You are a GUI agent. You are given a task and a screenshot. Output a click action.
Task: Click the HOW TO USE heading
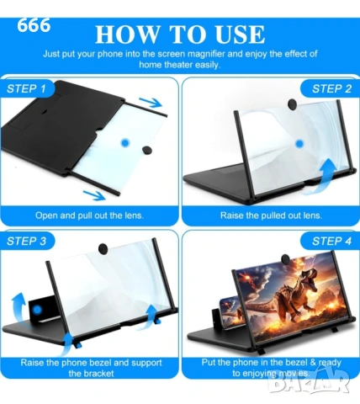pyautogui.click(x=180, y=35)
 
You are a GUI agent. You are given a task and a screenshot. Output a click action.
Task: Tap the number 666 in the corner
pyautogui.click(x=34, y=25)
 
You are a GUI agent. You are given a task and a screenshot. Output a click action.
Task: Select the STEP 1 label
pyautogui.click(x=26, y=88)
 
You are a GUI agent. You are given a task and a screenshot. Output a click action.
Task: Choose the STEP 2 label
pyautogui.click(x=331, y=88)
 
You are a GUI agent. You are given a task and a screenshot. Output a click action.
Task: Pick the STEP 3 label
pyautogui.click(x=26, y=241)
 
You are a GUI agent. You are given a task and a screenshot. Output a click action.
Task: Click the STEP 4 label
pyautogui.click(x=331, y=241)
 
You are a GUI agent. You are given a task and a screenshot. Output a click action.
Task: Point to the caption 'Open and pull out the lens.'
pyautogui.click(x=89, y=215)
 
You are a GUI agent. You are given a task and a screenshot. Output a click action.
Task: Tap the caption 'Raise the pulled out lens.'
pyautogui.click(x=271, y=215)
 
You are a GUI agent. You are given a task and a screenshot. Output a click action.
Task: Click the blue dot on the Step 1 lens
pyautogui.click(x=125, y=143)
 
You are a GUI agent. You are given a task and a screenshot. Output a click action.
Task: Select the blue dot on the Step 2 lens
pyautogui.click(x=299, y=144)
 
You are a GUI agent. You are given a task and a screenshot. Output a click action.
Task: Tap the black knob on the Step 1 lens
pyautogui.click(x=146, y=150)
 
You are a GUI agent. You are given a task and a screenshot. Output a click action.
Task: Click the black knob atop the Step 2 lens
pyautogui.click(x=292, y=104)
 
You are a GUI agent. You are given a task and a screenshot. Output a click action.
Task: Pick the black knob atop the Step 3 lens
pyautogui.click(x=103, y=248)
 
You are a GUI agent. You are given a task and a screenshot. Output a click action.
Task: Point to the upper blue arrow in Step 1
pyautogui.click(x=151, y=103)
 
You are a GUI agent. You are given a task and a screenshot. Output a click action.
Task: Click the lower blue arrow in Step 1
pyautogui.click(x=94, y=194)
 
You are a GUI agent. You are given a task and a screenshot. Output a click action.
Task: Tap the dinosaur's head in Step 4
pyautogui.click(x=306, y=279)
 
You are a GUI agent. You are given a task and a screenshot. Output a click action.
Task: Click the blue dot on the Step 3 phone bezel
pyautogui.click(x=37, y=310)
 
